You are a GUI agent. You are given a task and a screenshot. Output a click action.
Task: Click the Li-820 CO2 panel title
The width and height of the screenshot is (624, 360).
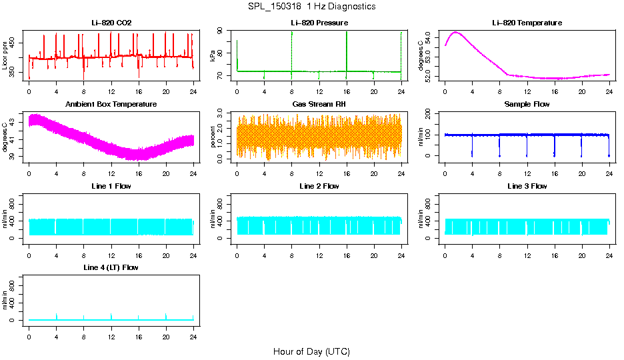(111, 23)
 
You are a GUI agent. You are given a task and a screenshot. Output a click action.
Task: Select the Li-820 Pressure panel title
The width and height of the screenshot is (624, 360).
(319, 23)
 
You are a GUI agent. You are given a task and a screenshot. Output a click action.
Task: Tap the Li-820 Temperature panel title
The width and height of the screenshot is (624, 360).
(527, 23)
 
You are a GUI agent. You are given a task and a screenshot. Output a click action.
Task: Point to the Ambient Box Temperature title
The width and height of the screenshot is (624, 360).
(111, 105)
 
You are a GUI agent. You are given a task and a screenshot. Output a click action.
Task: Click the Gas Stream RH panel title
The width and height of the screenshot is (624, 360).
(319, 105)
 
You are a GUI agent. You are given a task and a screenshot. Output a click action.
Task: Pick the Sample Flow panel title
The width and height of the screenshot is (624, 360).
(527, 105)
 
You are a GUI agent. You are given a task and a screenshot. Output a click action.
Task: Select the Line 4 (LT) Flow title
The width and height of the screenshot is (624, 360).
(111, 267)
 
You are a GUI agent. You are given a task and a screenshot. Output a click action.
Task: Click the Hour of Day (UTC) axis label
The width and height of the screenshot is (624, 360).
(311, 351)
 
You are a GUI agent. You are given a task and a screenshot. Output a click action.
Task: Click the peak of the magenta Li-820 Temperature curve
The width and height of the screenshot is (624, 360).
(456, 32)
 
